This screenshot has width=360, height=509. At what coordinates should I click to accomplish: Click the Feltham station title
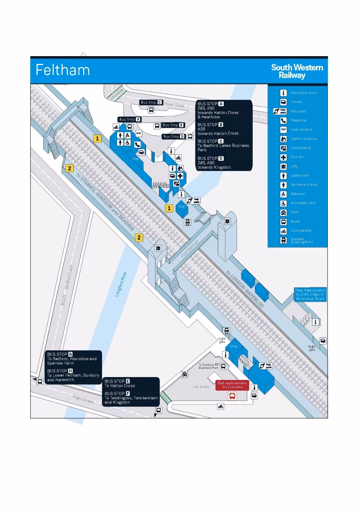click(63, 70)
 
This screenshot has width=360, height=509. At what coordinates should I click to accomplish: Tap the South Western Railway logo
click(297, 71)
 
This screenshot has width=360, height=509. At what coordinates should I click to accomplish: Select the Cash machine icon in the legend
click(283, 129)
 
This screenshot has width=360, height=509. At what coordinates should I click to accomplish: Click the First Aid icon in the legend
click(283, 157)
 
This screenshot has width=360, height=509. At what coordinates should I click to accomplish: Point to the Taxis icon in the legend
click(283, 212)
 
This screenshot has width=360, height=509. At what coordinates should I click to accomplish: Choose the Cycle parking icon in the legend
click(283, 231)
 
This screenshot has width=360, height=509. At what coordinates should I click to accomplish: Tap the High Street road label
click(83, 399)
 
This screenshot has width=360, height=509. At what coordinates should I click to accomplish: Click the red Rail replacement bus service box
click(232, 385)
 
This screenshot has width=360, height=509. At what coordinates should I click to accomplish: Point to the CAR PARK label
click(200, 387)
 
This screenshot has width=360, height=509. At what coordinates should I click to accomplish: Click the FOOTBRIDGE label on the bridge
click(190, 249)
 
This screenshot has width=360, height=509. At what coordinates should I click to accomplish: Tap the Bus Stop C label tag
click(152, 102)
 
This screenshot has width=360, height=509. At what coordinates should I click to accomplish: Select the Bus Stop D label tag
click(174, 137)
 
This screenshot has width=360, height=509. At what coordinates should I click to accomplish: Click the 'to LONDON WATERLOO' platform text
click(245, 289)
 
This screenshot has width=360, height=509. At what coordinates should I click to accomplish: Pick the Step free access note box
click(310, 294)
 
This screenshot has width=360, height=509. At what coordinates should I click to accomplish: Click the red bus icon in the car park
click(232, 396)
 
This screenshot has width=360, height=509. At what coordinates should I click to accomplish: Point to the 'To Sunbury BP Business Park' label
click(209, 366)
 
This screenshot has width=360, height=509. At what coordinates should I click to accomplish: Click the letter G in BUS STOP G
click(70, 354)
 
